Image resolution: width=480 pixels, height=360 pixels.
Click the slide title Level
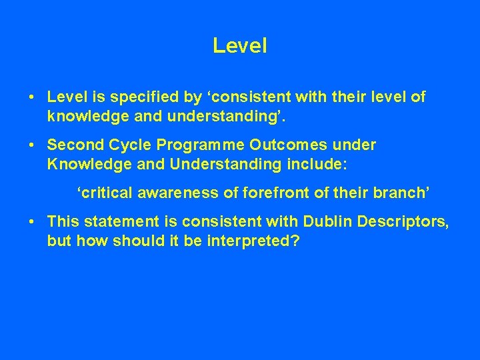click(x=239, y=45)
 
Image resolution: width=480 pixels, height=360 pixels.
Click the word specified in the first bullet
click(x=137, y=97)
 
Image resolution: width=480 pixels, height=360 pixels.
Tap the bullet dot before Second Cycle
click(x=31, y=145)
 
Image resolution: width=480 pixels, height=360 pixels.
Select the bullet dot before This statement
click(x=31, y=221)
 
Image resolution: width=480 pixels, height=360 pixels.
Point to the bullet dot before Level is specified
click(x=31, y=97)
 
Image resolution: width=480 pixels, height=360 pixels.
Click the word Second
click(x=75, y=145)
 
